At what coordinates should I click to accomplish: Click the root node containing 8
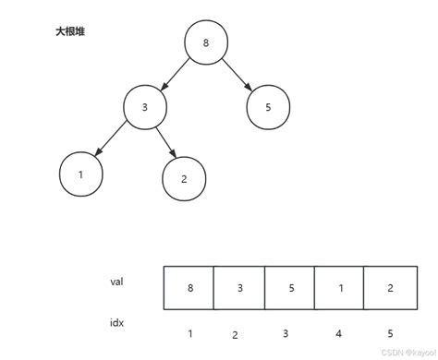[x=205, y=42]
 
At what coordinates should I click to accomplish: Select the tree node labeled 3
[x=145, y=107]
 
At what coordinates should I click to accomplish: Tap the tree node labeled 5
[x=268, y=107]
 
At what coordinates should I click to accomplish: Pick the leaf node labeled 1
[x=80, y=174]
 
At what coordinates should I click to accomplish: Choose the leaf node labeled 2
[x=184, y=179]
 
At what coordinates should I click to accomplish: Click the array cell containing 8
[x=189, y=288]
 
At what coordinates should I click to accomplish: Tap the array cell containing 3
[x=239, y=288]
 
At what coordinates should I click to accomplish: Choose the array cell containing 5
[x=290, y=288]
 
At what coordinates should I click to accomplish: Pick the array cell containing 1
[x=340, y=288]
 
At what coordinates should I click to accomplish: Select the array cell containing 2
[x=390, y=288]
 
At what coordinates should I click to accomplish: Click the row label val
[x=117, y=282]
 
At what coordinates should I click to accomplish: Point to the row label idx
[x=117, y=323]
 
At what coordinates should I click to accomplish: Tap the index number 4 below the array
[x=340, y=333]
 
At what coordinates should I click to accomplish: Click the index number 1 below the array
[x=189, y=332]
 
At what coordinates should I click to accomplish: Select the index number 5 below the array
[x=390, y=333]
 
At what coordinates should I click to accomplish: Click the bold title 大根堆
[x=70, y=31]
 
